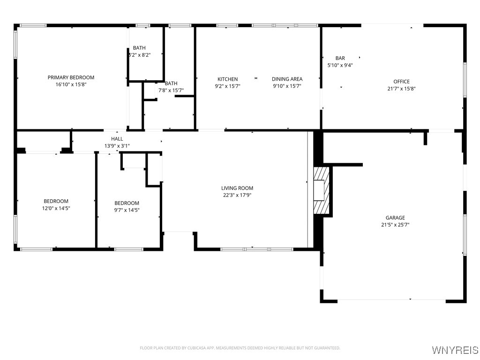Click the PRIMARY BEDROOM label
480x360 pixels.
[71, 77]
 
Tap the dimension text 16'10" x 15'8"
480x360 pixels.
[71, 85]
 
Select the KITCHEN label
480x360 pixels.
[227, 79]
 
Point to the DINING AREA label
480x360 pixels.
[287, 79]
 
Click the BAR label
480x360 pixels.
[340, 58]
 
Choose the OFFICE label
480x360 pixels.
[401, 82]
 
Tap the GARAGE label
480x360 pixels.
[395, 217]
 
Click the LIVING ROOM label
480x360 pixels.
[237, 188]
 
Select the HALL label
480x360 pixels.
[117, 139]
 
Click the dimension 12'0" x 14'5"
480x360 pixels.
[56, 209]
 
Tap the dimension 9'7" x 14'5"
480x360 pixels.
[127, 210]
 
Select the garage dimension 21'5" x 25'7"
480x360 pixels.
[395, 225]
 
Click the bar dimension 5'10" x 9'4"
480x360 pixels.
[340, 66]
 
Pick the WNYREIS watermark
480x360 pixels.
[455, 350]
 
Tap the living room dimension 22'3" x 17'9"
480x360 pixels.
[237, 195]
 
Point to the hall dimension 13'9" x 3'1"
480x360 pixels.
[117, 146]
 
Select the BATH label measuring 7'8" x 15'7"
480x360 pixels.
[171, 83]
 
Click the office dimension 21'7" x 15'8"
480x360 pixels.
[401, 89]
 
